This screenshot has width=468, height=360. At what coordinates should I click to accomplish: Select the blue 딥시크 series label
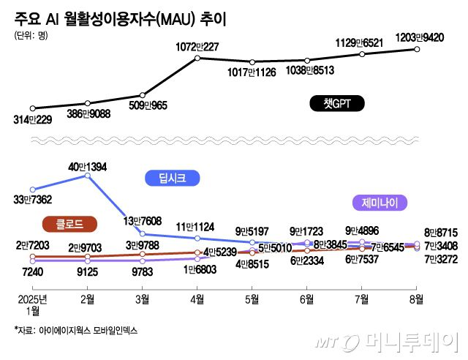click(x=172, y=178)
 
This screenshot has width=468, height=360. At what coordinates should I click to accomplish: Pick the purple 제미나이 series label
click(x=384, y=203)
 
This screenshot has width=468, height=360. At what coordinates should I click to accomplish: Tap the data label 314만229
click(x=32, y=120)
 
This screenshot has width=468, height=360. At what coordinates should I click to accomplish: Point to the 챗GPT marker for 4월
click(x=197, y=58)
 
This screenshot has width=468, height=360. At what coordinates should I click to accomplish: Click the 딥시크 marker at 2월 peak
click(x=87, y=176)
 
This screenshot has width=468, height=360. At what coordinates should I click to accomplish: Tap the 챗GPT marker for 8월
click(x=417, y=49)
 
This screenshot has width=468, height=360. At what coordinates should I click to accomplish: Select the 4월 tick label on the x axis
click(x=197, y=299)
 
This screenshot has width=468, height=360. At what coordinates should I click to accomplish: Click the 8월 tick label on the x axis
click(x=416, y=299)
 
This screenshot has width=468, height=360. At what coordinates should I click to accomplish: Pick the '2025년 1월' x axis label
click(x=32, y=304)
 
